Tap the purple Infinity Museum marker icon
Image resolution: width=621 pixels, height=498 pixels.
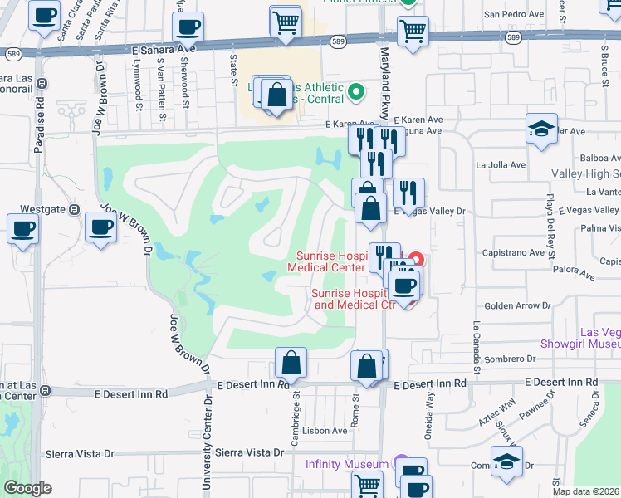400,463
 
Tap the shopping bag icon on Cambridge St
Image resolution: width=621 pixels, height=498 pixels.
291,363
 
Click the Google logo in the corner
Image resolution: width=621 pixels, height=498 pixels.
27,488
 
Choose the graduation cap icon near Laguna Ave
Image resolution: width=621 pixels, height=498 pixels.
541,129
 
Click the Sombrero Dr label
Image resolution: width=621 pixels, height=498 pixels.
505,359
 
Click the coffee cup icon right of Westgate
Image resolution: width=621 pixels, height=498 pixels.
101,227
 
